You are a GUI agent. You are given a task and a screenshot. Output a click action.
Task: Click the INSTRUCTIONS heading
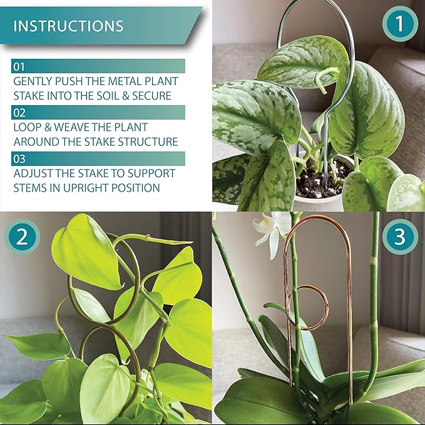click(68, 26)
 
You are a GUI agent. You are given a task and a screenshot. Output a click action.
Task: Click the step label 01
click(20, 66)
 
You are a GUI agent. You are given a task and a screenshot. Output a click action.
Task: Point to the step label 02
click(20, 112)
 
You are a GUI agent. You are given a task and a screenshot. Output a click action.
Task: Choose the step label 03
click(20, 158)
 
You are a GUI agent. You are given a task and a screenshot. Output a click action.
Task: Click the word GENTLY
click(31, 81)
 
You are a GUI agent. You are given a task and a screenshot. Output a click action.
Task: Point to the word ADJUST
click(32, 173)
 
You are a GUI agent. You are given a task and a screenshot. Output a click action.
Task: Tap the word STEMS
click(31, 188)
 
